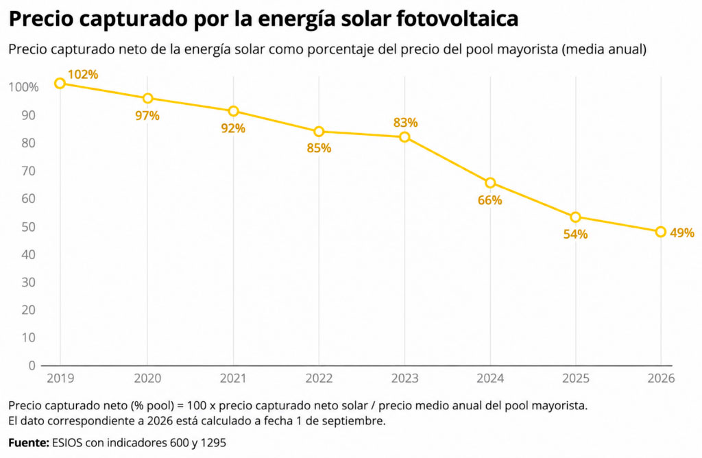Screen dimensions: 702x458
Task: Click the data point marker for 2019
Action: [60, 83]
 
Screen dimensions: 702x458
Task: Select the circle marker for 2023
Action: [404, 137]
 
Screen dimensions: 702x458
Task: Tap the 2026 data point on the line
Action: [661, 232]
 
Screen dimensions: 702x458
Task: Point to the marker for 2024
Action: [490, 182]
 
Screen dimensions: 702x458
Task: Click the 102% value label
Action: [83, 74]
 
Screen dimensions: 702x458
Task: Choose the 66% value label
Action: [489, 200]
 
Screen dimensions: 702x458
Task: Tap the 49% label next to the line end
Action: [682, 232]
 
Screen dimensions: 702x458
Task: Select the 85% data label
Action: [319, 147]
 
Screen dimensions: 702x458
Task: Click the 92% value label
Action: [233, 128]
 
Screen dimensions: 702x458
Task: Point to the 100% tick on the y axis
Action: [24, 87]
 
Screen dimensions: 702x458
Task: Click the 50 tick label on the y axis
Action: [28, 226]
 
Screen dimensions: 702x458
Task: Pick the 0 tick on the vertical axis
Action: [32, 365]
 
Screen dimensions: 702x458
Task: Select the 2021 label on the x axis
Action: [233, 378]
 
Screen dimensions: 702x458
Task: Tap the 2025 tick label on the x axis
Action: [576, 378]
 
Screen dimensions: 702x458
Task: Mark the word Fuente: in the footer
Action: [29, 443]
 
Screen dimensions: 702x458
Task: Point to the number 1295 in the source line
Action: [213, 443]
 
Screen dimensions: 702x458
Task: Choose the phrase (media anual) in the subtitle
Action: [605, 49]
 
